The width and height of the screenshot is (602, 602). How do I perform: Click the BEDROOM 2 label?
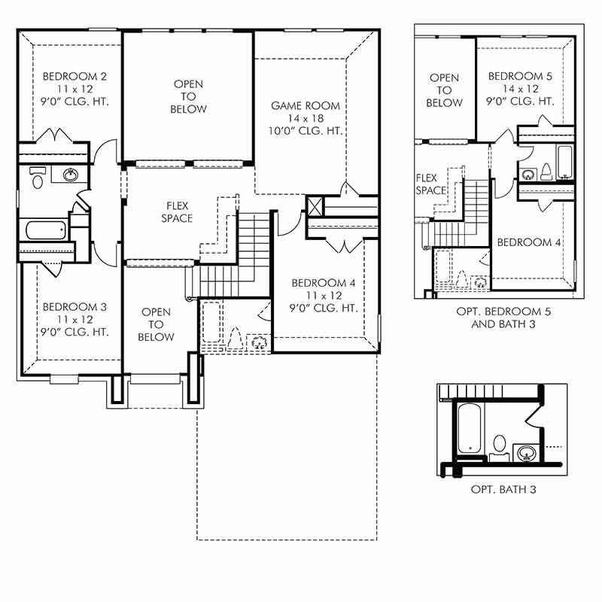pos(74,76)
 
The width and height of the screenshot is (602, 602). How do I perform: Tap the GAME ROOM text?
pos(306,106)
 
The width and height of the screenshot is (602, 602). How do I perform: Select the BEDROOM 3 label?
pos(74,307)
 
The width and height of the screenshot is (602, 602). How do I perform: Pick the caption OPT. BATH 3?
pos(503,490)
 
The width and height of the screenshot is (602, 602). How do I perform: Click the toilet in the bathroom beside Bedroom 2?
pos(37,178)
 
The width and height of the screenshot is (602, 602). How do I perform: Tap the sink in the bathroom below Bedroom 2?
pos(71,175)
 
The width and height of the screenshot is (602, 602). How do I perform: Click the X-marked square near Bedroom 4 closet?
pos(315,205)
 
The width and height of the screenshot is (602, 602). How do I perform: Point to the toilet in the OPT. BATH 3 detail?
pos(499,442)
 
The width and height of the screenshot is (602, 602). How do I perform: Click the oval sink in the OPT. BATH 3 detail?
pos(526,452)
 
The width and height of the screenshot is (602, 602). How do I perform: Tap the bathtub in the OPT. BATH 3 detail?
pos(470,428)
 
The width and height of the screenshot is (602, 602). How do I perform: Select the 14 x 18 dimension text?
pos(306,118)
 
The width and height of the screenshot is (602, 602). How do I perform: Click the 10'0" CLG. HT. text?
pos(306,130)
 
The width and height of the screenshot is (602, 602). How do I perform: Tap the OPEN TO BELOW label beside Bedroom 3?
pos(156,324)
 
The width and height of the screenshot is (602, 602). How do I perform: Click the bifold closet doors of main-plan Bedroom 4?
pos(343,244)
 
